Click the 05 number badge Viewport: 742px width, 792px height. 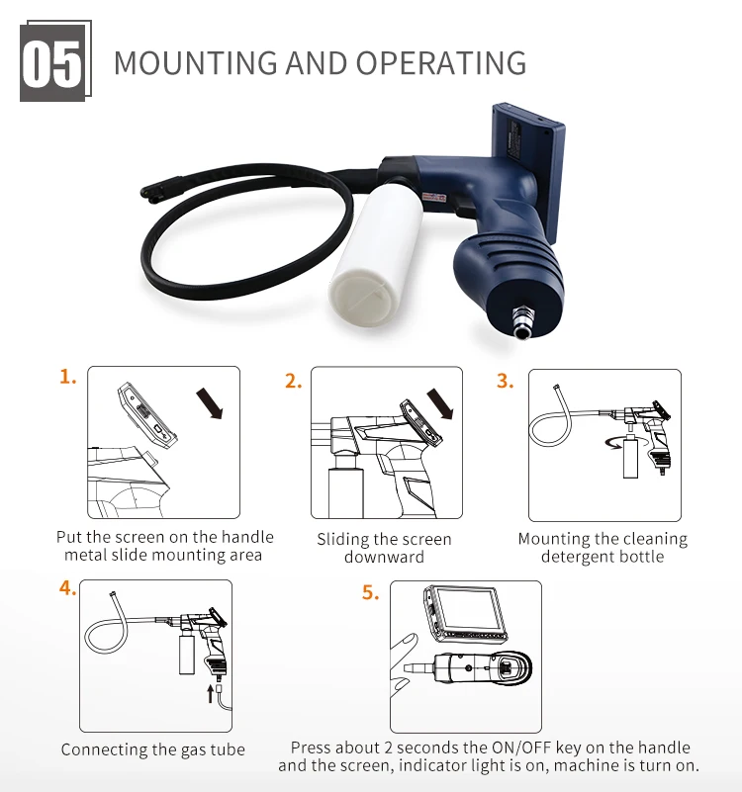point(53,62)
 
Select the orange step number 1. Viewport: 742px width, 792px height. point(67,377)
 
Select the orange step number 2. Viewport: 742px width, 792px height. point(293,382)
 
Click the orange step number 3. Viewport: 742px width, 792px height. point(506,382)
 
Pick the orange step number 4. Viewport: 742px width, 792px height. point(67,589)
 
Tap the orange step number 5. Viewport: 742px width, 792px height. point(370,594)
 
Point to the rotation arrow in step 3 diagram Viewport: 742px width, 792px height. point(614,442)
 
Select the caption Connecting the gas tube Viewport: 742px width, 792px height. point(152,749)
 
